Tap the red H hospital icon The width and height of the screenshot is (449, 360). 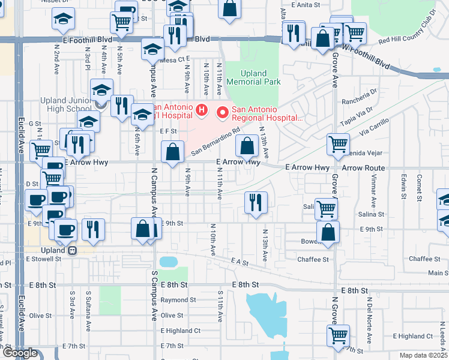coord(202,111)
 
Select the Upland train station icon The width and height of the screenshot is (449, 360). coord(72,250)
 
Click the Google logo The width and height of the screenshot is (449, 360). coord(20,353)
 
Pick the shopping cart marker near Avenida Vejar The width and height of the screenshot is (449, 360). coord(338,144)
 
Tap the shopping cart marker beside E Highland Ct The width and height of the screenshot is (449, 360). coord(338,335)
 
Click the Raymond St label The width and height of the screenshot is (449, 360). coord(178,300)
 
